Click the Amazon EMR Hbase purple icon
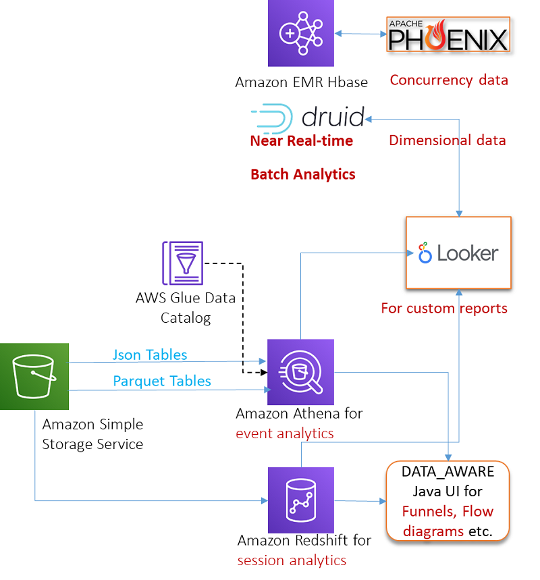pos(300,33)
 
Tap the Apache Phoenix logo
pos(448,35)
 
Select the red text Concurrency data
pos(448,80)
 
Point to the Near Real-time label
pos(301,140)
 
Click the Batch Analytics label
pos(302,174)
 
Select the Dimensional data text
pos(447,140)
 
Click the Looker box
pos(458,253)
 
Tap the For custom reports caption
pos(443,308)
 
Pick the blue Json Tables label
pos(150,354)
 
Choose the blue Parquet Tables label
pos(162,381)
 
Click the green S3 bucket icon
pos(34,376)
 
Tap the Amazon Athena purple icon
pos(300,371)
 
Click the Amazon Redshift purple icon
pos(300,500)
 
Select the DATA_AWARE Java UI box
pos(448,500)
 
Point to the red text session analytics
pos(292,560)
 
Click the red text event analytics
pos(284,433)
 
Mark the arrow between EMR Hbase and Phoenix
pos(359,33)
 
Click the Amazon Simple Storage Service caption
pos(92,434)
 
